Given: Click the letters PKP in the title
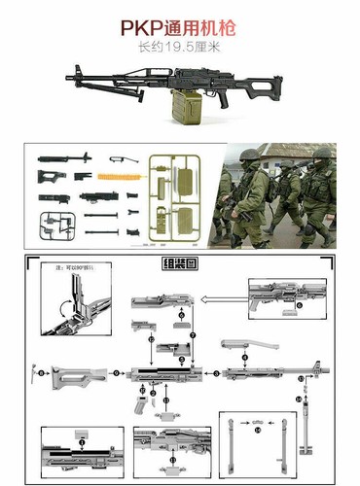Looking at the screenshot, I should (148, 29).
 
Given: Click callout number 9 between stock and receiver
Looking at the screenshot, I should (117, 372).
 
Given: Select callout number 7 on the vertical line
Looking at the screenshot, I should (193, 335).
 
